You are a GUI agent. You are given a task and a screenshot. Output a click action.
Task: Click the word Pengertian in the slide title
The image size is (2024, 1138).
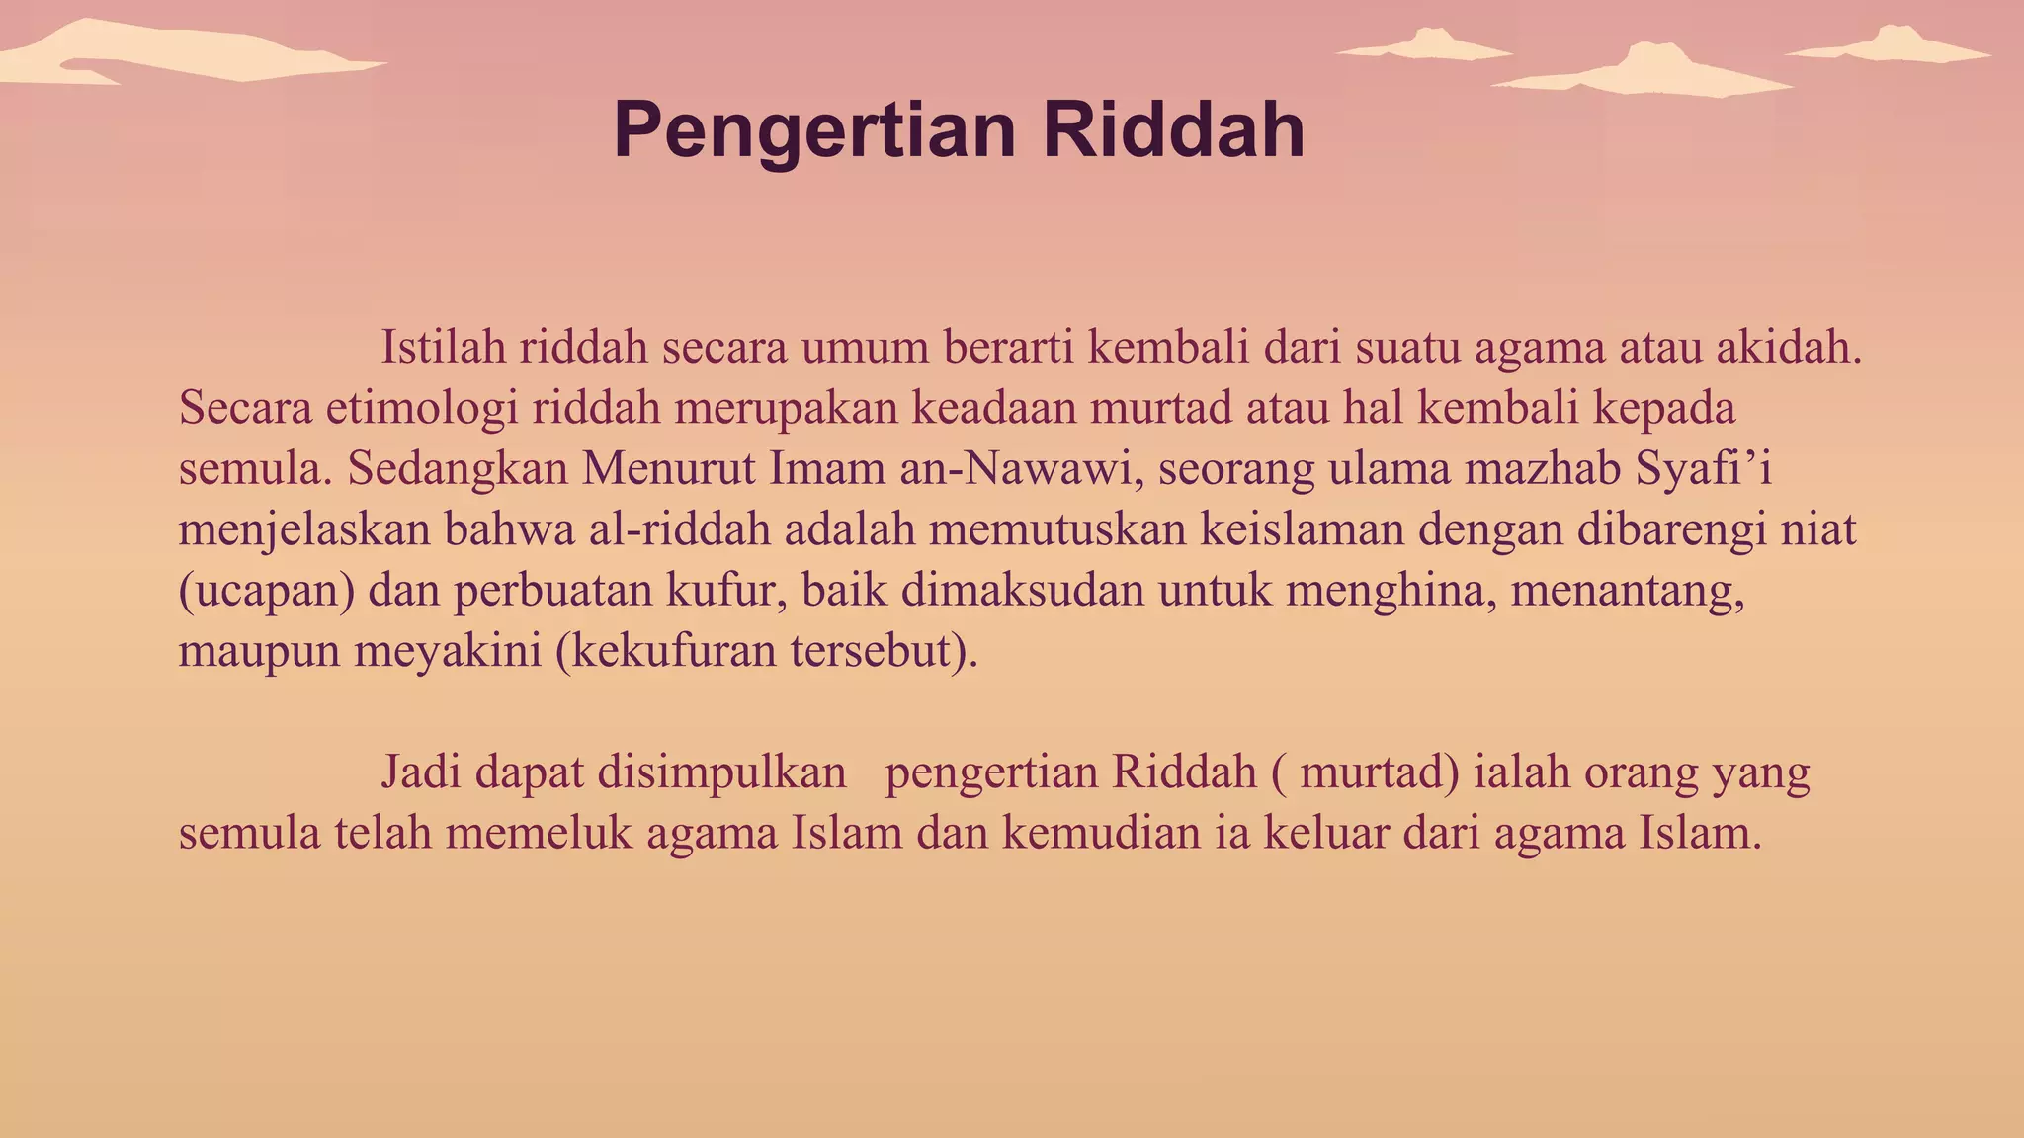click(814, 131)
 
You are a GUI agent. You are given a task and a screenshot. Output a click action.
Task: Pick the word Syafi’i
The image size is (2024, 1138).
click(1704, 468)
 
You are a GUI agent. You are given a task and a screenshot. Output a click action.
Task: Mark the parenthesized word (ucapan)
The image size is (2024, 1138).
click(267, 591)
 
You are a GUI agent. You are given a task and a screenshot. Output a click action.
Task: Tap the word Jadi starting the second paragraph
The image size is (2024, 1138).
click(418, 772)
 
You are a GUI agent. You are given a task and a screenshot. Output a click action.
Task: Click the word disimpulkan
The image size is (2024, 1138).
click(722, 772)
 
